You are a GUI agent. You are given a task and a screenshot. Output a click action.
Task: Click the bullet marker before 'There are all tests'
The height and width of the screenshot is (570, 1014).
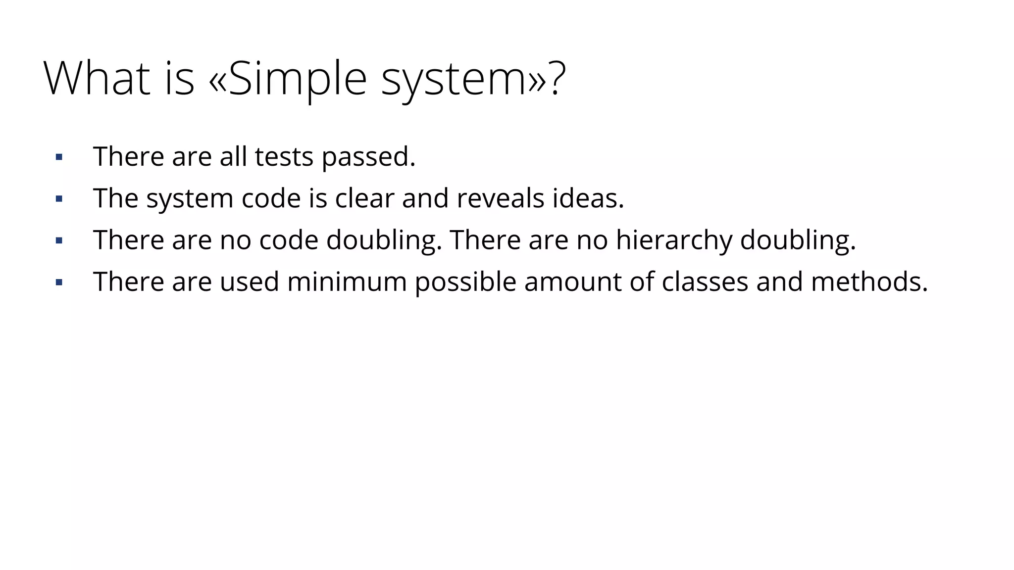(59, 158)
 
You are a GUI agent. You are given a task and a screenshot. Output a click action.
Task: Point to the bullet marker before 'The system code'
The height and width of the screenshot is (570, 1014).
(59, 199)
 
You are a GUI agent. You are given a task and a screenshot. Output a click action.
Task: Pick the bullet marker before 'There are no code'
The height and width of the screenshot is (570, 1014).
(59, 241)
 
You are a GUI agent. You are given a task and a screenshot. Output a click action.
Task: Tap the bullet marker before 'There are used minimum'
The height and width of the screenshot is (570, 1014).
(59, 283)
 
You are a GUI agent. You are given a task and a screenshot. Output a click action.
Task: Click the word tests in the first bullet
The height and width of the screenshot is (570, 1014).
(284, 157)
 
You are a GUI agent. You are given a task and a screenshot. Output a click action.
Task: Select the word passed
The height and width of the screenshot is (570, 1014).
(368, 158)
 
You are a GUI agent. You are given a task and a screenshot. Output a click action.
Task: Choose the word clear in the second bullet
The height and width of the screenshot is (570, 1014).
(364, 198)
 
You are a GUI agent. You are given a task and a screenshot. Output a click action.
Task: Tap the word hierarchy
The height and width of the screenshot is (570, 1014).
(674, 241)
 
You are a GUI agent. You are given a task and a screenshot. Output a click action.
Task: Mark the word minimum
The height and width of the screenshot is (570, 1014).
(347, 282)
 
